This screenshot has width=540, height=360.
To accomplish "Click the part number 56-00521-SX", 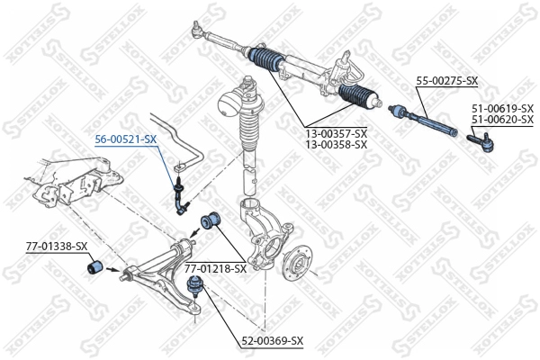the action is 126,139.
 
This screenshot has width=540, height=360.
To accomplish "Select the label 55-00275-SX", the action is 447,81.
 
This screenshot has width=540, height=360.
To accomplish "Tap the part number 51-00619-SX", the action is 502,109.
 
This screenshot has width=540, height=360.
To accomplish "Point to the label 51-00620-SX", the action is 502,120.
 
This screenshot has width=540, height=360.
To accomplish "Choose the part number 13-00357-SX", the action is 336,133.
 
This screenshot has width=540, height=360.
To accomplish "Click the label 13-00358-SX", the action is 336,144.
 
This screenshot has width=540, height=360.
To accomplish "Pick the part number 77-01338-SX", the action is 57,247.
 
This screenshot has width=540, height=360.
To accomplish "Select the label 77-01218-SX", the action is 216,268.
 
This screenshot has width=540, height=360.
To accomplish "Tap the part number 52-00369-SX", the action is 272,341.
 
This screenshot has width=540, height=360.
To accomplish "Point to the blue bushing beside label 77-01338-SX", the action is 94,267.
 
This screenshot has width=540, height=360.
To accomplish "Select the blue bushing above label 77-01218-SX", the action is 211,221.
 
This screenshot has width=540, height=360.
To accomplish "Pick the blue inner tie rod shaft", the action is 423,121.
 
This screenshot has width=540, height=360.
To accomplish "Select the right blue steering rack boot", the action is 359,94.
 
